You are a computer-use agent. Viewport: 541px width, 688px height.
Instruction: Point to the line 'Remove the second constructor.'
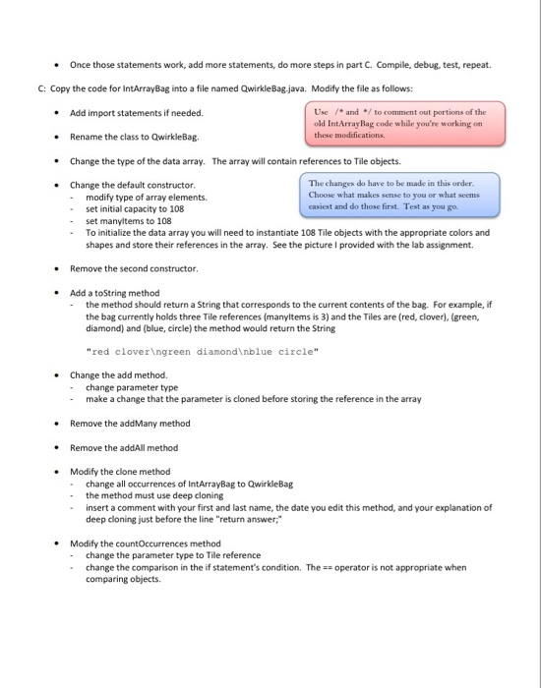[134, 267]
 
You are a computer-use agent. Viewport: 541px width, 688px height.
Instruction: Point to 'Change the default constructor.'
[133, 185]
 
